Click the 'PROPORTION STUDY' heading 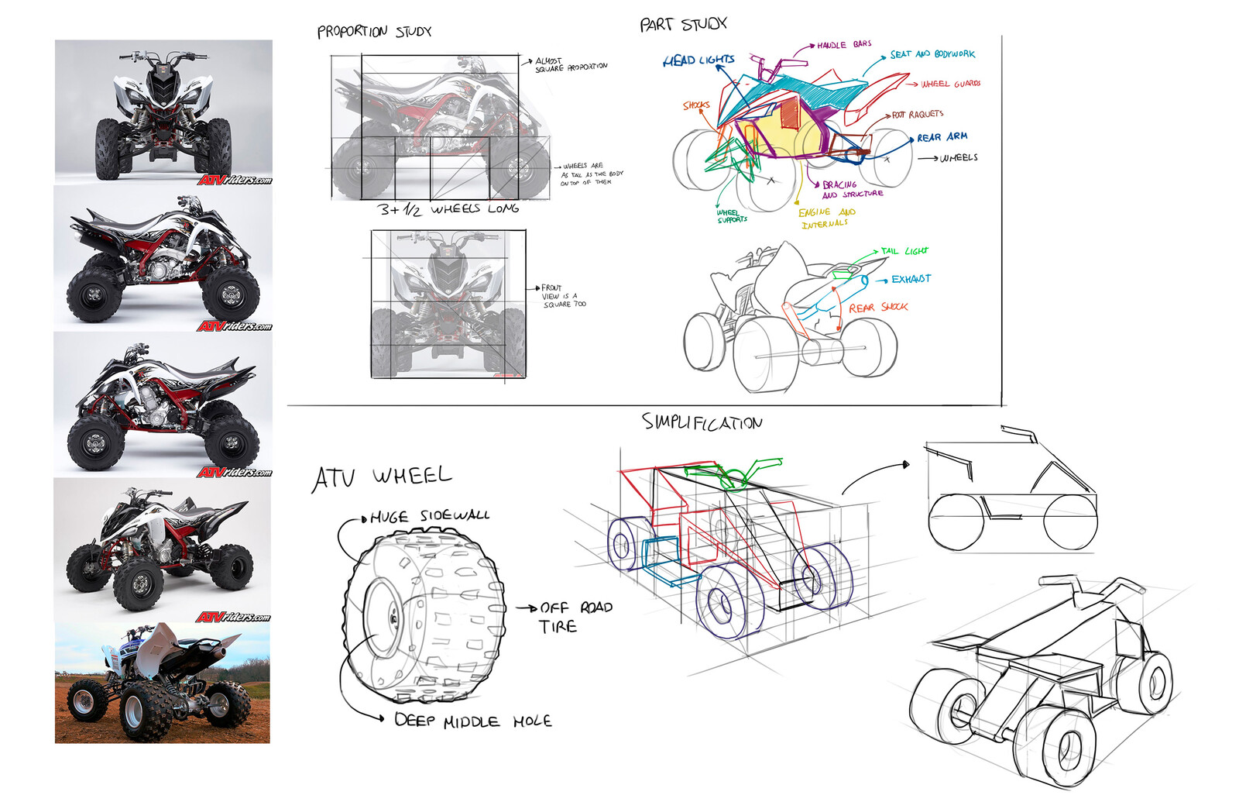point(374,32)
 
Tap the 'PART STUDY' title point(683,25)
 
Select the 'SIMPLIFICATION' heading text point(702,423)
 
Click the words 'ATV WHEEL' point(382,477)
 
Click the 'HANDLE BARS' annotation point(843,45)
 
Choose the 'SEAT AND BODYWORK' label point(932,54)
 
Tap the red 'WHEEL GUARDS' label point(950,84)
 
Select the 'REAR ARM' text point(942,137)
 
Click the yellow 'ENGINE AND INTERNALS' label point(825,218)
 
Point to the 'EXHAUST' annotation point(911,279)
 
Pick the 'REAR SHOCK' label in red point(877,308)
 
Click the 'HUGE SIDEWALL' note point(429,516)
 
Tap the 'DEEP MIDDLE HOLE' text point(472,721)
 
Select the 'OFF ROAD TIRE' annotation point(574,617)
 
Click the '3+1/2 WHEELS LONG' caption point(448,209)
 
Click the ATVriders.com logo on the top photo point(234,180)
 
